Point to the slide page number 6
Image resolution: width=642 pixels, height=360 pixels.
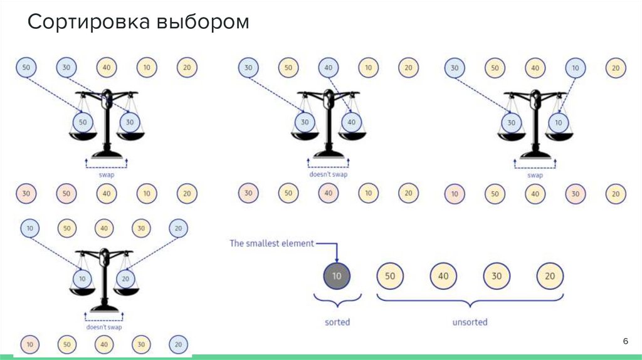click(624, 340)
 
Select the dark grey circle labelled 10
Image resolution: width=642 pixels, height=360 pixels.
click(337, 276)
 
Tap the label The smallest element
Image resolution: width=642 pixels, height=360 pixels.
click(271, 243)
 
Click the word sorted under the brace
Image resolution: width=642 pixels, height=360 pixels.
click(337, 322)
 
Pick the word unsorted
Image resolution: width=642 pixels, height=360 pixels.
click(470, 322)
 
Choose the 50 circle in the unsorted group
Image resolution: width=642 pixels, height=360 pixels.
click(389, 276)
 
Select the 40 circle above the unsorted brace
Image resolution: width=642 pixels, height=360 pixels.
click(443, 276)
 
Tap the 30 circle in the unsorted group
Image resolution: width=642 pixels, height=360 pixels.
click(497, 276)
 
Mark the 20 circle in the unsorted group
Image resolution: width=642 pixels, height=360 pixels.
click(550, 276)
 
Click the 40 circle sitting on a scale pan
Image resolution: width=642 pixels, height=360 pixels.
click(351, 122)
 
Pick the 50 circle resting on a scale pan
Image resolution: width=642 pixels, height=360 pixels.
click(83, 122)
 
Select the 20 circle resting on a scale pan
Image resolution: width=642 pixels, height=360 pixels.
click(127, 278)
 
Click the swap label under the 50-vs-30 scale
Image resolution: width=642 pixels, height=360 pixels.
click(107, 175)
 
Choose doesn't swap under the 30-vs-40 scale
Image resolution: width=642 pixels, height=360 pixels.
click(328, 174)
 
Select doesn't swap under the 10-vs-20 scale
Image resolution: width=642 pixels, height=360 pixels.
click(104, 327)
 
